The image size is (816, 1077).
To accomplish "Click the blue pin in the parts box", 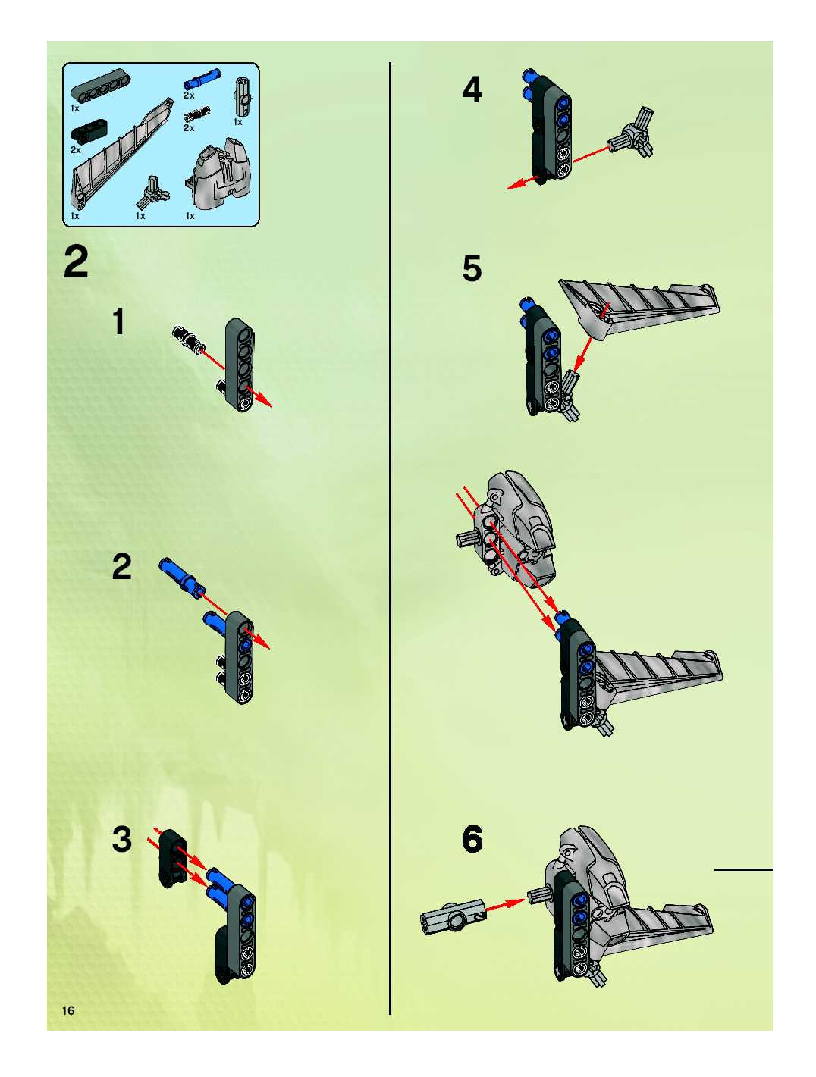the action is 202,78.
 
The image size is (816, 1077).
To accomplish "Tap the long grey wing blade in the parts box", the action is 122,153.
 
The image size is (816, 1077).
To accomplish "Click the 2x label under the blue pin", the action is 189,95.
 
